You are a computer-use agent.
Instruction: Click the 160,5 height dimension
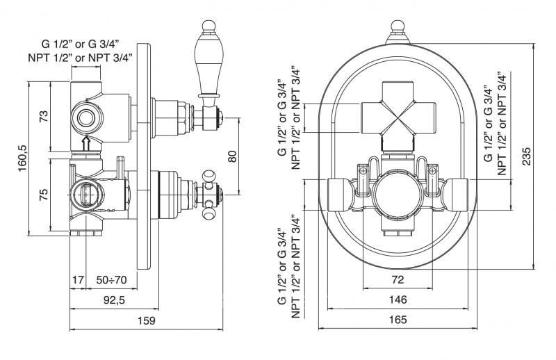(x=22, y=158)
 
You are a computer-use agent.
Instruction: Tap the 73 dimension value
(x=43, y=117)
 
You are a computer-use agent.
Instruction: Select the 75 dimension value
(x=43, y=195)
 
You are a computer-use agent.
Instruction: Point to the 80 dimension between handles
(x=232, y=156)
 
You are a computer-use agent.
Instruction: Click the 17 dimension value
(x=78, y=280)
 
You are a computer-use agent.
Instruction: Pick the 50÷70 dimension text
(x=111, y=280)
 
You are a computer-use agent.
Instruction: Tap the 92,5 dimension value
(x=114, y=300)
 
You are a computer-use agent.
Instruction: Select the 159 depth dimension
(x=147, y=320)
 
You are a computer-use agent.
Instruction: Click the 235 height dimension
(x=527, y=156)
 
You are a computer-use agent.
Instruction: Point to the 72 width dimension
(x=398, y=280)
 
